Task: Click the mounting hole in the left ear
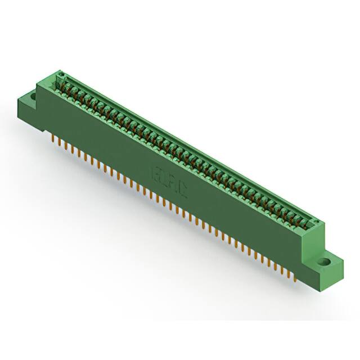32,97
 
